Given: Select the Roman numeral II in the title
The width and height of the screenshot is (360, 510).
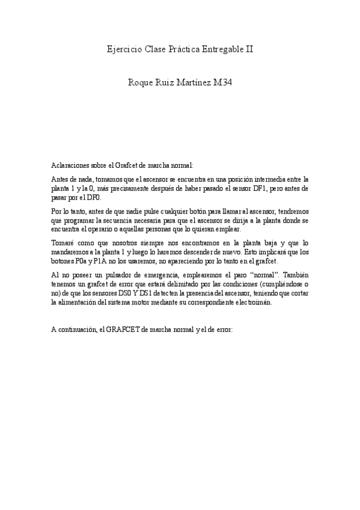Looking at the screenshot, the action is [x=249, y=49].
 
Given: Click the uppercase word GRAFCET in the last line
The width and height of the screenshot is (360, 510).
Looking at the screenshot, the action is [x=127, y=331].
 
